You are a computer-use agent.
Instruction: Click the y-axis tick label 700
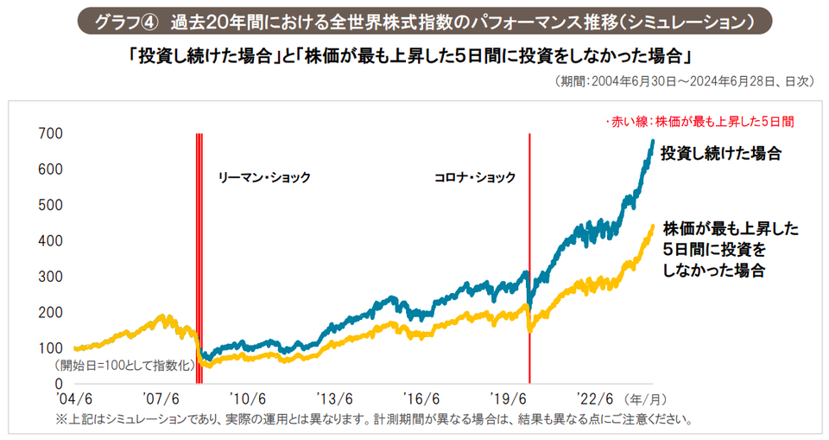[51, 133]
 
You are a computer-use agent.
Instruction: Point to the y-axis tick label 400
[51, 240]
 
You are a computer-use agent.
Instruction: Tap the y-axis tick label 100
[51, 348]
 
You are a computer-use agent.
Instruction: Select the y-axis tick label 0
[59, 383]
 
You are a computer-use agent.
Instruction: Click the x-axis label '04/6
[74, 399]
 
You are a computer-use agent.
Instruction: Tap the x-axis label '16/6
[421, 399]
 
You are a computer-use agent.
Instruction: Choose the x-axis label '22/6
[596, 399]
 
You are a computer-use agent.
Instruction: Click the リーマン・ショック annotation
[263, 177]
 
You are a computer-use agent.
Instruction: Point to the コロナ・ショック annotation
[474, 177]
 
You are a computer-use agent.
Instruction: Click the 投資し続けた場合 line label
[720, 154]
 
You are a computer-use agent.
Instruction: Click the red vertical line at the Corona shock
[529, 259]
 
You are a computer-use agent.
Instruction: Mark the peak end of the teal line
[652, 140]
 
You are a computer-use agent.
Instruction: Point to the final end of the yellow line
[652, 226]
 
